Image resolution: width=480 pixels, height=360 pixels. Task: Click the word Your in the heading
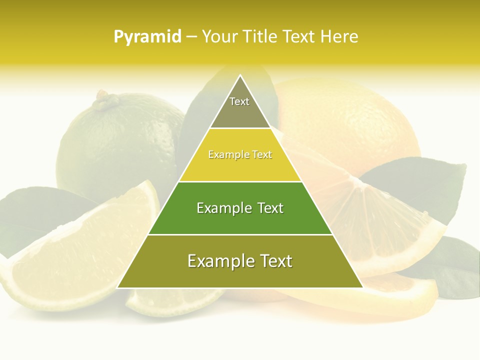219,36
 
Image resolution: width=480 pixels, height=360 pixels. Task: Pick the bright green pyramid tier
240,208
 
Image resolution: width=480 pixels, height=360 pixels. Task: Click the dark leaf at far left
30,215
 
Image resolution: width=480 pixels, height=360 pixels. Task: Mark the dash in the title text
191,37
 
